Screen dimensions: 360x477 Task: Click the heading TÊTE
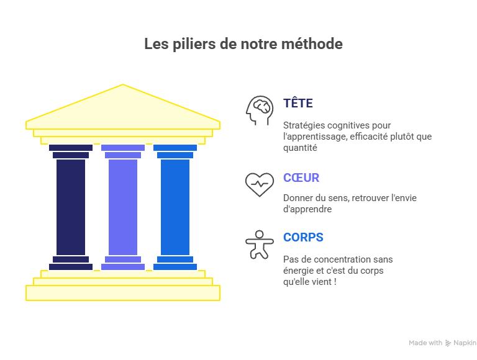pos(298,104)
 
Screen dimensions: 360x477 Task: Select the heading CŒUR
pos(301,178)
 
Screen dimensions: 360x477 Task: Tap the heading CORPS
pos(303,238)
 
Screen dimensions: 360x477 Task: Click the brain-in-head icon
pos(259,110)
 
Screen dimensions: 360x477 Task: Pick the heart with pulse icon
pos(259,184)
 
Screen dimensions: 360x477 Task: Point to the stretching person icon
pos(259,244)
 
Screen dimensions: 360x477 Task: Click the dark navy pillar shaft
pos(71,207)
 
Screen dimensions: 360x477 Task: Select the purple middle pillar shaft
pos(123,207)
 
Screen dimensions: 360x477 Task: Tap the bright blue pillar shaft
pos(175,207)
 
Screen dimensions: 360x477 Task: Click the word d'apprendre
pos(307,209)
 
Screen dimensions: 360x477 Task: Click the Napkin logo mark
pos(448,343)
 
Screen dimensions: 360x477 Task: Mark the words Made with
pos(425,343)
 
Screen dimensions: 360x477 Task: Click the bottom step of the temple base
pos(123,292)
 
